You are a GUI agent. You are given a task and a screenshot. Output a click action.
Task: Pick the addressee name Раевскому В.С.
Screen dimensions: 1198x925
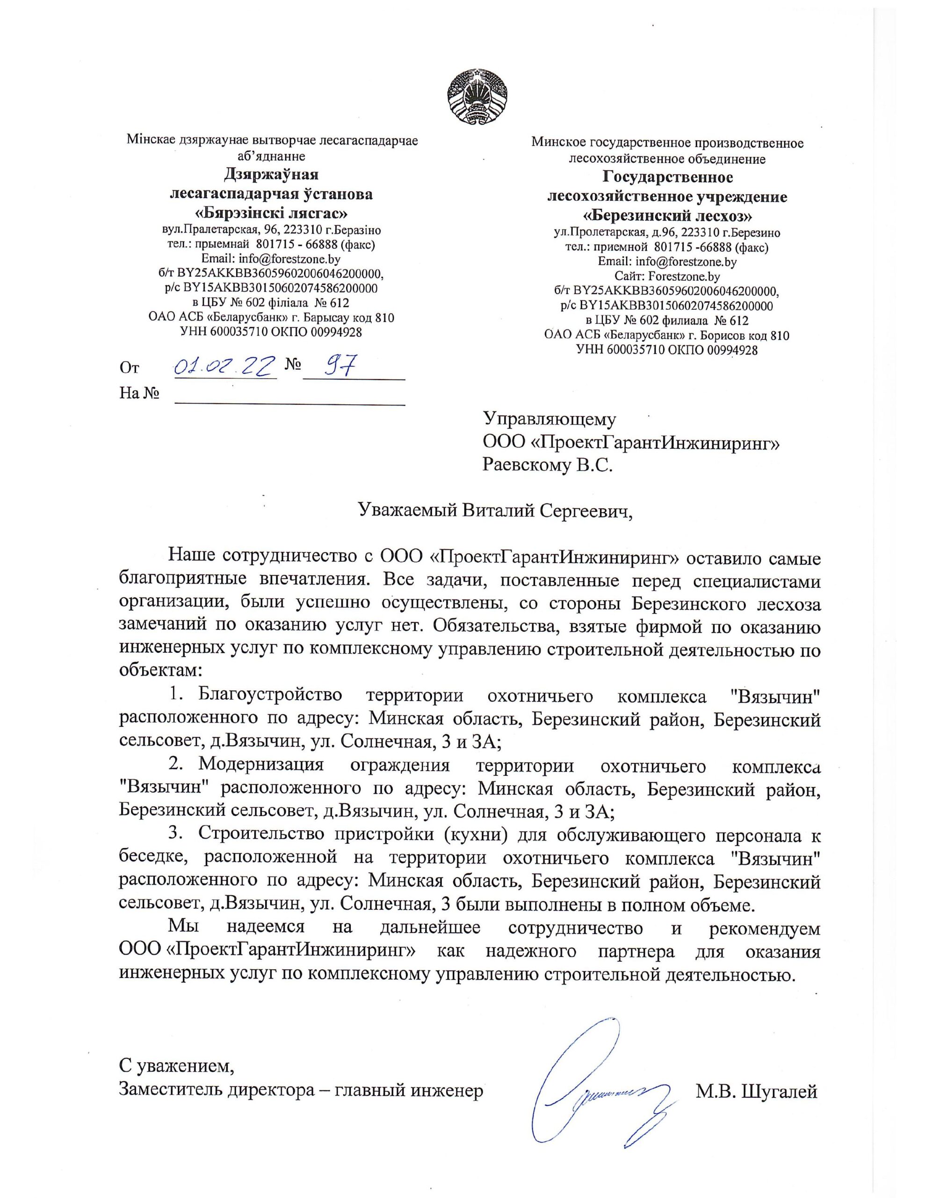click(547, 465)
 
